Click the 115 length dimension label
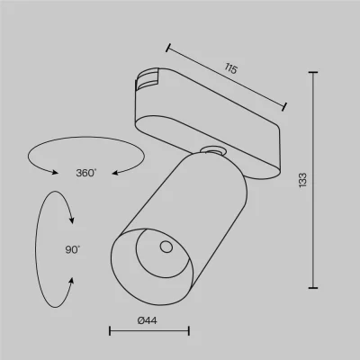tap(231, 68)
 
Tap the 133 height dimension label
tap(302, 180)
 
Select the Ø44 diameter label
tap(147, 320)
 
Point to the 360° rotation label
tap(86, 173)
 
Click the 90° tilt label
tap(73, 249)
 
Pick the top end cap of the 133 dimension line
tap(313, 73)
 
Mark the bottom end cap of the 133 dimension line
tap(313, 288)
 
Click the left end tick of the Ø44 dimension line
tap(110, 331)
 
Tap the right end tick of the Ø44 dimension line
tap(189, 331)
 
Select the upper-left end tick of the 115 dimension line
tap(168, 48)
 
